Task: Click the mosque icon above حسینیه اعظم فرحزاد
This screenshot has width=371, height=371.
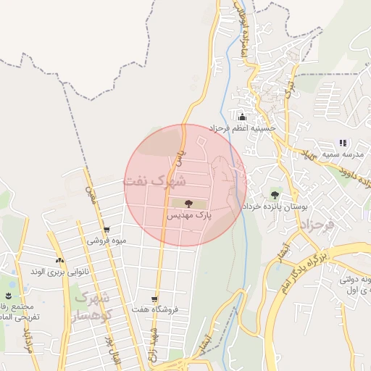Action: (242, 117)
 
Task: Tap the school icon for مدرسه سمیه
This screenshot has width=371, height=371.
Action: (343, 143)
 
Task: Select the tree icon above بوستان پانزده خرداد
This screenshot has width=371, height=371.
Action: (275, 194)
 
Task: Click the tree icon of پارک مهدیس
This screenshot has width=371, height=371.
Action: (188, 204)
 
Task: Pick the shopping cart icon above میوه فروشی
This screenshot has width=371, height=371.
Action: (107, 230)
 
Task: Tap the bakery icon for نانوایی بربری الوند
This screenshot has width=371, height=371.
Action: (59, 260)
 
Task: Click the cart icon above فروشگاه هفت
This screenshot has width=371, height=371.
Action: (154, 299)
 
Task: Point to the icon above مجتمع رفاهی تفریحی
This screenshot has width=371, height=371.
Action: (8, 296)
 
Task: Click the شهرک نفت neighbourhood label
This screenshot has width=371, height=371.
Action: (154, 180)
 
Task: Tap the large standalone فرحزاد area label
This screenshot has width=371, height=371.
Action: (314, 226)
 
